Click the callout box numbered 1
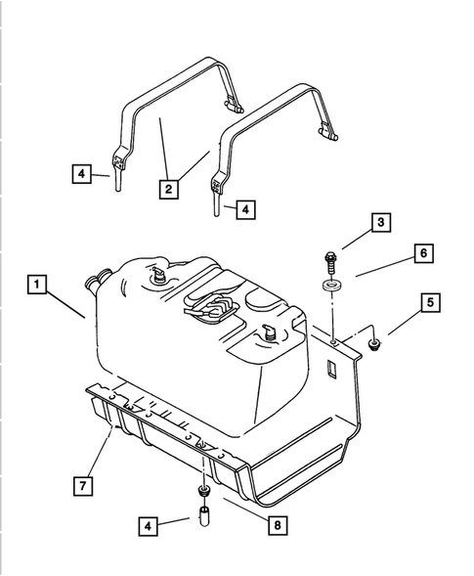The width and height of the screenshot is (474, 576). [35, 286]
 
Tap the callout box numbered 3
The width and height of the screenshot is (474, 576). [380, 225]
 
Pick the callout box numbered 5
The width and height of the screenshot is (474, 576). [428, 302]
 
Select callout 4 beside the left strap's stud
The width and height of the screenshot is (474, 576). [84, 176]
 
